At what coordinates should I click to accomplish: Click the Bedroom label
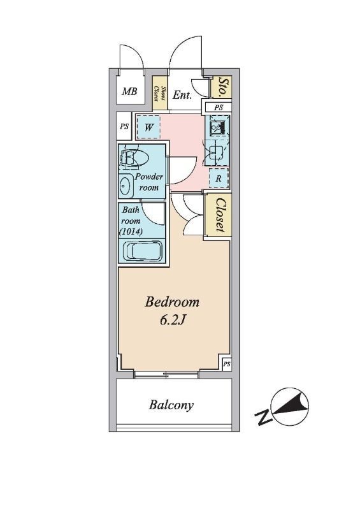tap(171, 302)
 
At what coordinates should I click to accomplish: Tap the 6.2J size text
tap(173, 321)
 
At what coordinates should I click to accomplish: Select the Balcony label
tap(171, 405)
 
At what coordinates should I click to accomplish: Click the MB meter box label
tap(129, 91)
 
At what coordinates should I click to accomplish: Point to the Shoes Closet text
tap(160, 94)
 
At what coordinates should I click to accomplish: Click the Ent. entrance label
tap(182, 95)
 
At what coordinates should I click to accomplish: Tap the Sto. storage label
tap(222, 87)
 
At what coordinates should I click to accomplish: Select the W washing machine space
tap(148, 127)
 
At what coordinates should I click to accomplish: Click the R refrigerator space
tap(219, 178)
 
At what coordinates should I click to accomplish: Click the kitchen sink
tap(215, 152)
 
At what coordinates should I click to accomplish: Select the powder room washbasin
tap(126, 186)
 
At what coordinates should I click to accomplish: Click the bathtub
tap(142, 251)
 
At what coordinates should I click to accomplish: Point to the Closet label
tap(220, 215)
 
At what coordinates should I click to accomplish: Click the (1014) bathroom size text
tap(131, 231)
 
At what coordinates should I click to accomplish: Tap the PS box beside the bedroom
tap(227, 364)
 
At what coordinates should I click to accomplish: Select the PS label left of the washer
tap(124, 126)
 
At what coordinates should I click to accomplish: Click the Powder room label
tap(148, 182)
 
